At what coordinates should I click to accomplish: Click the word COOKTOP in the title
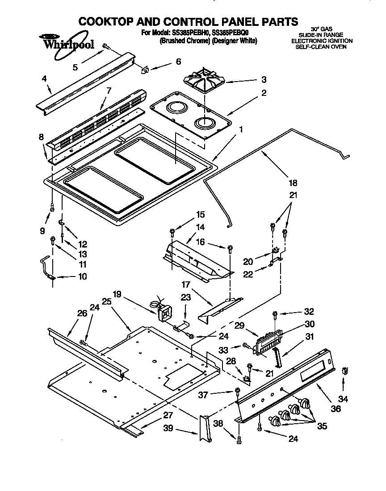[109, 21]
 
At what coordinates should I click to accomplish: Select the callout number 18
[293, 183]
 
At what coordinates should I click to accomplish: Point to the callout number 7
[108, 91]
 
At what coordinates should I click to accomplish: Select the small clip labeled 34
[344, 370]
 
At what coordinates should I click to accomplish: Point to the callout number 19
[117, 294]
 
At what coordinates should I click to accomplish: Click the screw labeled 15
[172, 231]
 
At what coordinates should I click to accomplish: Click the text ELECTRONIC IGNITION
[322, 41]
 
